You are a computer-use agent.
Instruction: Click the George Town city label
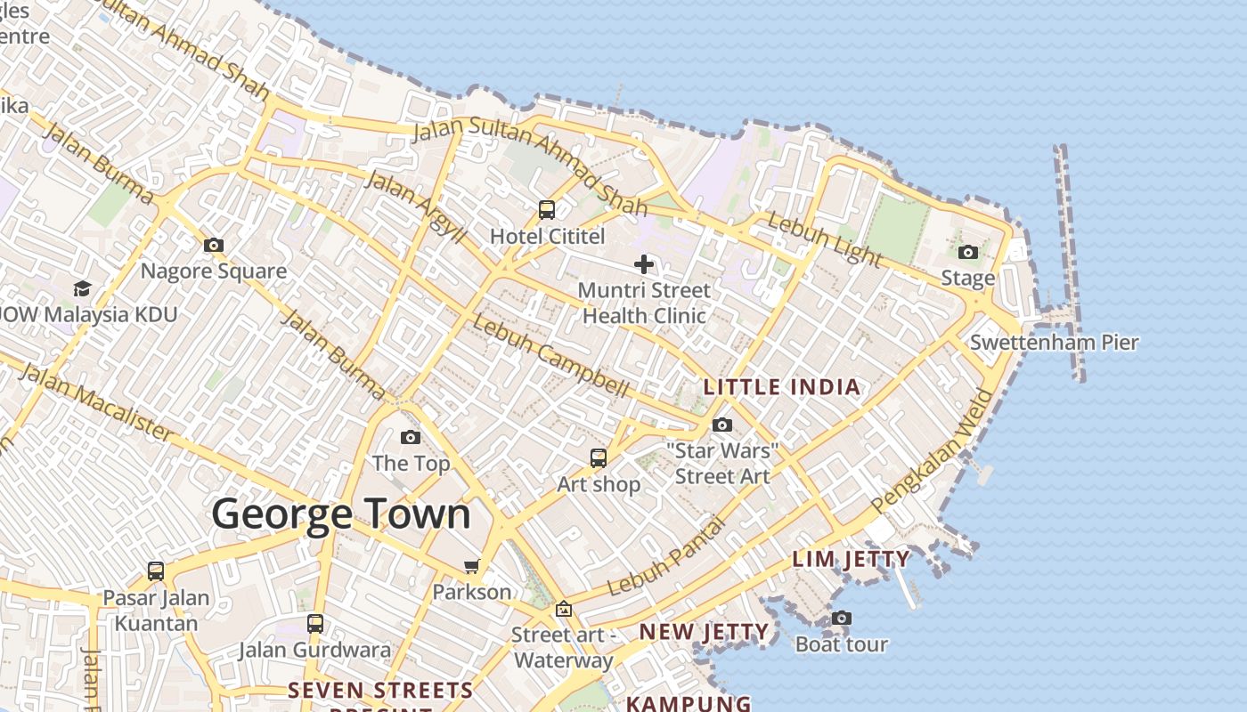click(341, 515)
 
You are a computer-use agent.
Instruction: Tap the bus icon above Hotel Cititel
click(547, 211)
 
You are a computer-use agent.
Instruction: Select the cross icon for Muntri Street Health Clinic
click(644, 264)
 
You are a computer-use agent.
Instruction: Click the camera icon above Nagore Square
click(214, 246)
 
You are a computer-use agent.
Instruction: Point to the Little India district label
click(782, 387)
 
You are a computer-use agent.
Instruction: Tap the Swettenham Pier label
click(1054, 343)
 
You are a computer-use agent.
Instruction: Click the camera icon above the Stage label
click(968, 253)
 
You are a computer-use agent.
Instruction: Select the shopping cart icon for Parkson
click(472, 567)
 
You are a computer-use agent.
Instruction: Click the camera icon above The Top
click(411, 437)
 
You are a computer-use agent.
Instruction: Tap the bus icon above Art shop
click(599, 458)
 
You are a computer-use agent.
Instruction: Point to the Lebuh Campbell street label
click(550, 356)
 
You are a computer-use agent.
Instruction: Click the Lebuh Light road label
click(825, 239)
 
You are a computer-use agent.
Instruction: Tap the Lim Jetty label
click(852, 560)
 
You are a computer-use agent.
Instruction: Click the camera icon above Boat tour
click(841, 618)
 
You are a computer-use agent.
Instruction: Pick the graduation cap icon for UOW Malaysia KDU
click(82, 288)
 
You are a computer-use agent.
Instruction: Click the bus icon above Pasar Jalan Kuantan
click(156, 571)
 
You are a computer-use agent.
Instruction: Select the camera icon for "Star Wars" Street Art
click(722, 425)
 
